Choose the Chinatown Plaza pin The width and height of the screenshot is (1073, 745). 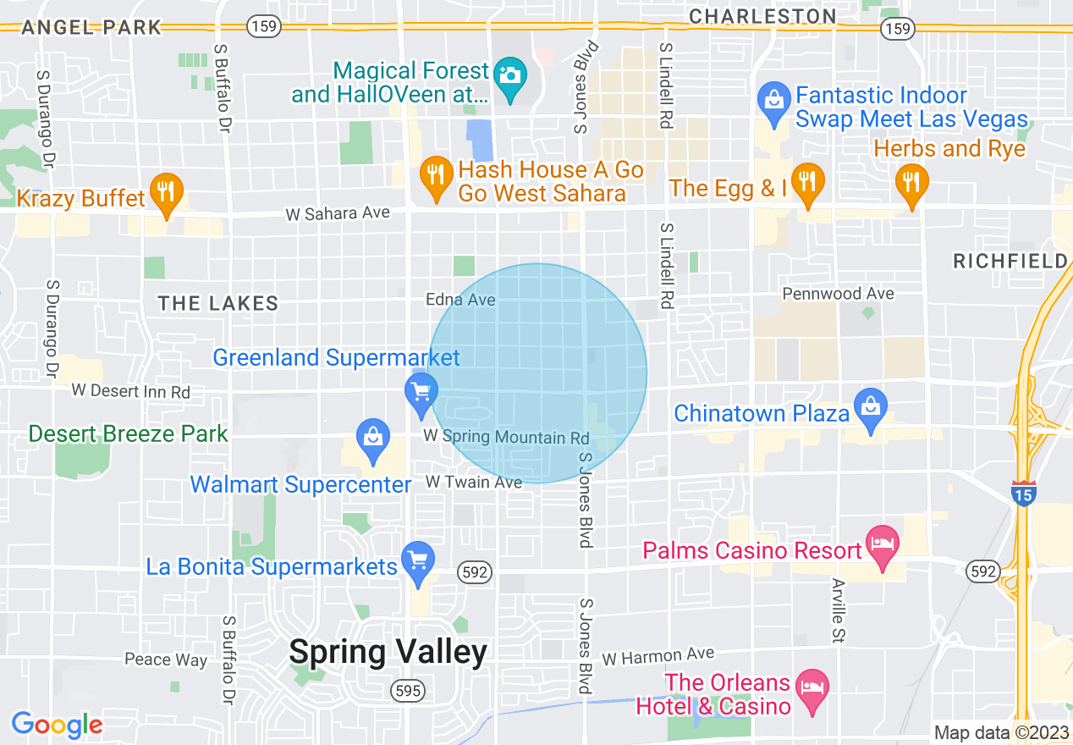point(871,410)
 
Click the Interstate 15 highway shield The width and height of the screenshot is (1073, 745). point(1023,494)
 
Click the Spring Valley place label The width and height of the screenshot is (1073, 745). point(388,652)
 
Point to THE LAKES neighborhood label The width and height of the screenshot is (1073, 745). point(218,304)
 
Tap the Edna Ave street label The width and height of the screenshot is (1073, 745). point(460,300)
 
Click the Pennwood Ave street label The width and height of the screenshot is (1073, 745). point(838,294)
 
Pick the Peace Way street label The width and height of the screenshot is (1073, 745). point(166,659)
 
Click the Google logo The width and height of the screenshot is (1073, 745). point(57,725)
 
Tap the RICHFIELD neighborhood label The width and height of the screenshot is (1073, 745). point(1010,262)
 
